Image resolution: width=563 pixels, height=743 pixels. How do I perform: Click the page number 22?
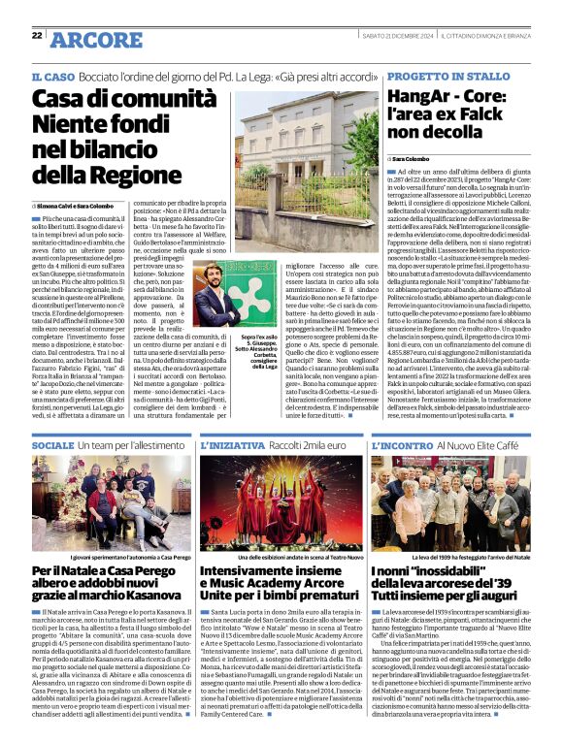(x=37, y=35)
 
